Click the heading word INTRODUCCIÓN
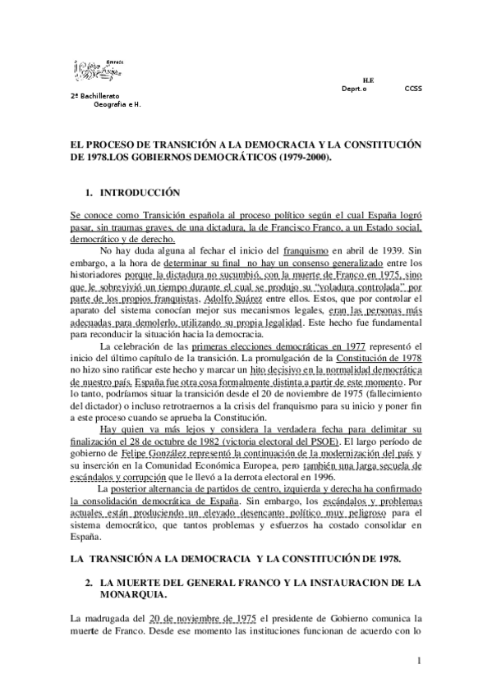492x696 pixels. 140,194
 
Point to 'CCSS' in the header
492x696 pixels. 413,88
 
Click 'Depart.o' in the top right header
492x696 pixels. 354,88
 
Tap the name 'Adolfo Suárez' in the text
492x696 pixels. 234,276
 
